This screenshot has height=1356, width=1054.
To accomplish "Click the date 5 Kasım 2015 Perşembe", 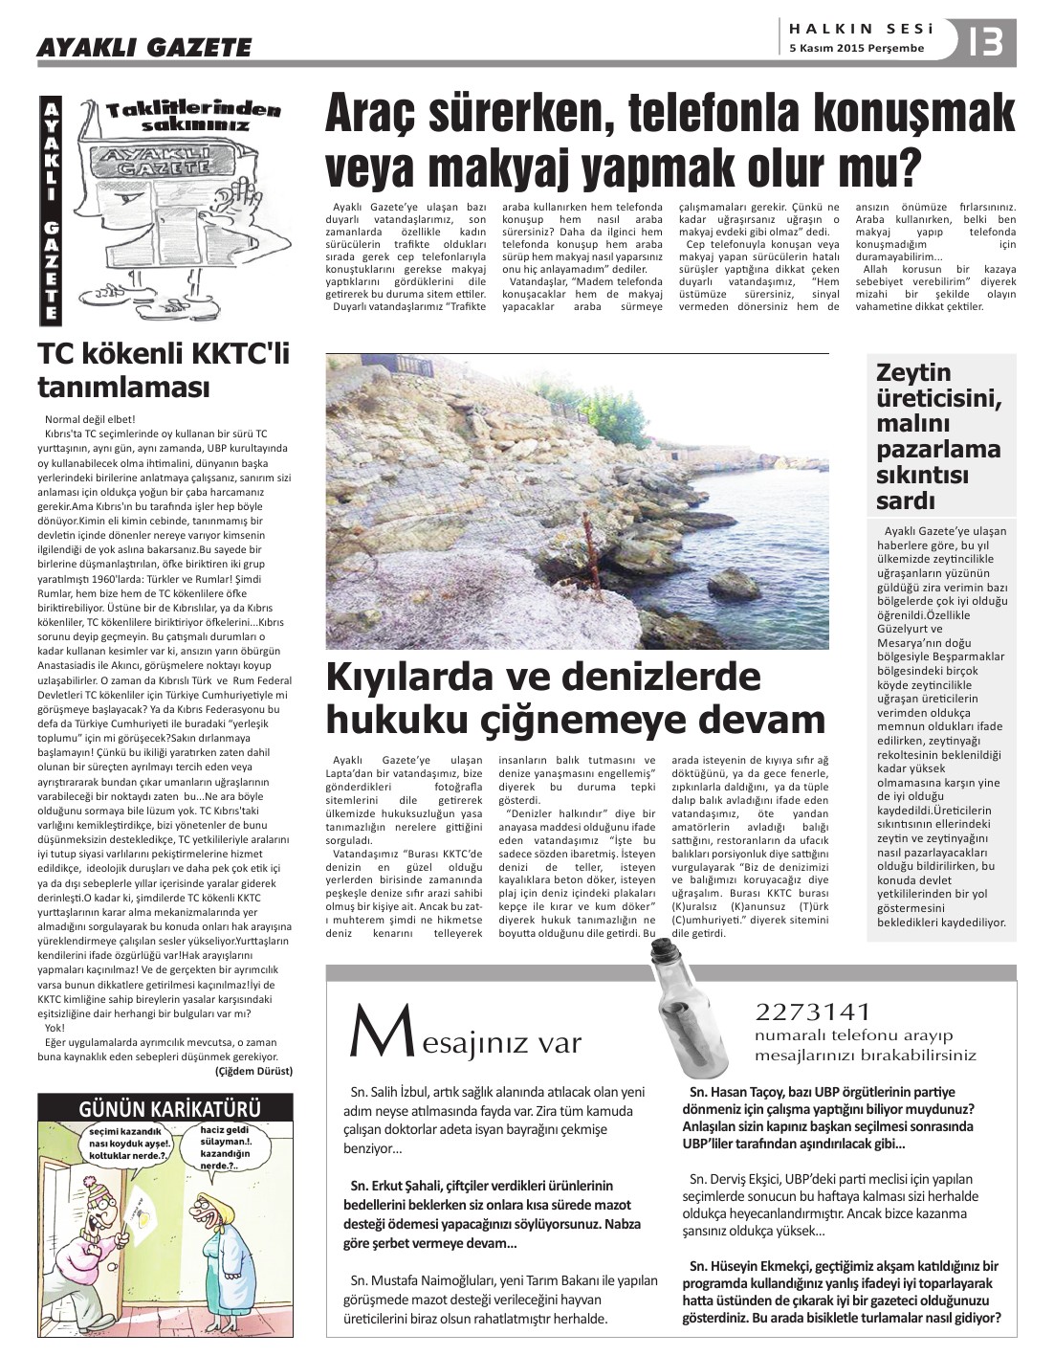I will [857, 49].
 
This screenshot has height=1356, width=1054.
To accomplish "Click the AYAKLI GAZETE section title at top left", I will [144, 47].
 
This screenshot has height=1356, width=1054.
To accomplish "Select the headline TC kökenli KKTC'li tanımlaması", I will [163, 371].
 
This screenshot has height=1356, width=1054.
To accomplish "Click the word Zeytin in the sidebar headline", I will [913, 372].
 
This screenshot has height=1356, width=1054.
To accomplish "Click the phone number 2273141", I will [813, 1012].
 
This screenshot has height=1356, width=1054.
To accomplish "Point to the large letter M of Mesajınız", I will [371, 1032].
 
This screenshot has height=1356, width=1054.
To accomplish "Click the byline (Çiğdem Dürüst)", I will [254, 1071].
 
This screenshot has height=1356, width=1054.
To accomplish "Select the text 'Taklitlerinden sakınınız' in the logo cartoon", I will [194, 117].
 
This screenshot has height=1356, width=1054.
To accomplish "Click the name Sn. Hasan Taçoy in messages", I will [734, 1092].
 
